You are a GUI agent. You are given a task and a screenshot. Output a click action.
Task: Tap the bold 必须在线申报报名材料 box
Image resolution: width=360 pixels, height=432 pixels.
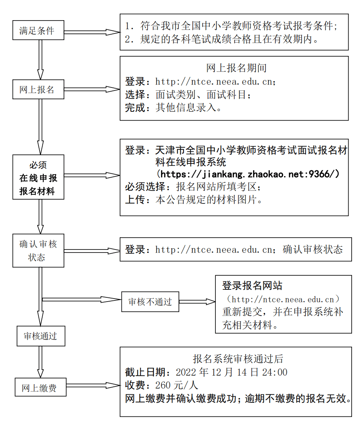point(38,177)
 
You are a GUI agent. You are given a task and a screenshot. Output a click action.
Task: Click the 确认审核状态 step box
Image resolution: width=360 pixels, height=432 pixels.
point(38,251)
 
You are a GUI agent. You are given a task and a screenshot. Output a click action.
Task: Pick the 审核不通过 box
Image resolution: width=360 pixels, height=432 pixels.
point(150,302)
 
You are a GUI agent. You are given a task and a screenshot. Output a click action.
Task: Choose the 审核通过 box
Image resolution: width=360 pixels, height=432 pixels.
point(40,336)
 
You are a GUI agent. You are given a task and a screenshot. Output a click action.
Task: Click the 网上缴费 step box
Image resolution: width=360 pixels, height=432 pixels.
point(40,388)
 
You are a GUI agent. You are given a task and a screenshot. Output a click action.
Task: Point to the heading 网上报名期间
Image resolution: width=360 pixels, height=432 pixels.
point(236,68)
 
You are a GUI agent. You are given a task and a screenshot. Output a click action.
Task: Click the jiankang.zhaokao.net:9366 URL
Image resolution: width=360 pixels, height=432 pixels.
point(248,175)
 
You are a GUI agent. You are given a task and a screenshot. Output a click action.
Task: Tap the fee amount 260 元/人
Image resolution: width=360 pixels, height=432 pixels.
point(177,385)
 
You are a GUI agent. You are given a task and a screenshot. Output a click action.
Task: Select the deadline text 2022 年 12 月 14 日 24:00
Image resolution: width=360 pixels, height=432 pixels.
point(231,372)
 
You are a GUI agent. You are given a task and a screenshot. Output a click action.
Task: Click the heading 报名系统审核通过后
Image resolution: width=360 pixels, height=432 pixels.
point(238,359)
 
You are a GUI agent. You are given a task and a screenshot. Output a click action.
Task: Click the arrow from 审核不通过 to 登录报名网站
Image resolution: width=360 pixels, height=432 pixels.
point(197,302)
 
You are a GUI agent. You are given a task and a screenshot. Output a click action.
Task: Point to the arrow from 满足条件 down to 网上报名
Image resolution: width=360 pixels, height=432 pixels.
point(40,59)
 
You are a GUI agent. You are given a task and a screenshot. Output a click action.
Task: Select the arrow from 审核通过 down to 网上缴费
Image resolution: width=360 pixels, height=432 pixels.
point(40,362)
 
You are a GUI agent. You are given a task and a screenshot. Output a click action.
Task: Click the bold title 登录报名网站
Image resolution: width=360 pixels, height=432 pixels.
point(252,286)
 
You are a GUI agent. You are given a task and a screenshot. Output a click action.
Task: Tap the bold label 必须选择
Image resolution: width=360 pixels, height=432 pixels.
point(148,187)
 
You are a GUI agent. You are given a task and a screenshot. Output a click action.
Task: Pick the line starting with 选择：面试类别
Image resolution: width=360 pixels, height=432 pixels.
point(188,94)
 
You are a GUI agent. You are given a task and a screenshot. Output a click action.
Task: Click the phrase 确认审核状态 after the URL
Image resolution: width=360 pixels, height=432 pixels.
point(313,249)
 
